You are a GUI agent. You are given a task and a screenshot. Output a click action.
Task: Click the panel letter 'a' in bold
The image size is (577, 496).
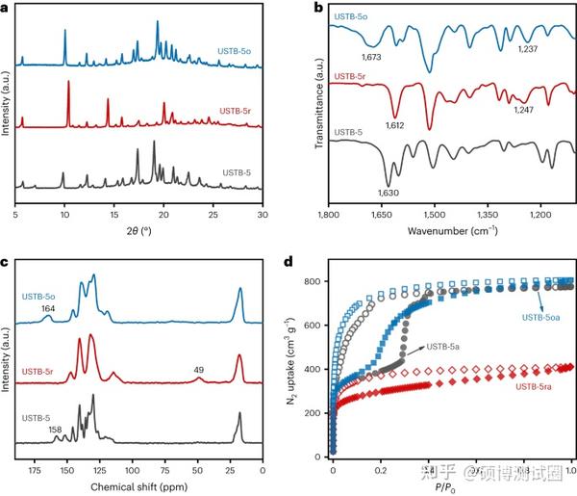click(x=6, y=8)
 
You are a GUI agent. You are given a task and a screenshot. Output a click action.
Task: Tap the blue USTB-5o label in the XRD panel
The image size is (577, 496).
click(x=234, y=50)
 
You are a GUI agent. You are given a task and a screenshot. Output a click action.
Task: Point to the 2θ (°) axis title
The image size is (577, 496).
click(x=138, y=232)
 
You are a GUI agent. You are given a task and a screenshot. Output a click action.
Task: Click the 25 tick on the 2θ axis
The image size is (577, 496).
click(x=213, y=217)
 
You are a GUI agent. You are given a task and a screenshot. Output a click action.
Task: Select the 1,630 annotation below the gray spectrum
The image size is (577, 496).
click(x=389, y=192)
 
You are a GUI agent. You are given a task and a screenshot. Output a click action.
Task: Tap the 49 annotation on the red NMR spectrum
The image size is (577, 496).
click(x=199, y=367)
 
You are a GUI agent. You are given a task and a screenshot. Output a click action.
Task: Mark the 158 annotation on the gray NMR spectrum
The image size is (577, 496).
click(x=57, y=430)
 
